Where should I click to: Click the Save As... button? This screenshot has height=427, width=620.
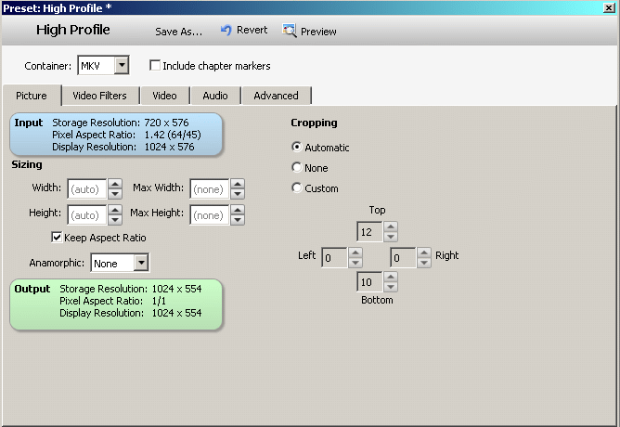tap(178, 31)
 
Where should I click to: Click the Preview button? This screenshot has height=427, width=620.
tap(310, 31)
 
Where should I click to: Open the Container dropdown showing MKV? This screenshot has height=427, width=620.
tap(123, 65)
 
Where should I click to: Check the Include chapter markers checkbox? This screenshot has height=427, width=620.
tap(155, 66)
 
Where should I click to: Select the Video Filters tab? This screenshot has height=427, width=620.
tap(100, 95)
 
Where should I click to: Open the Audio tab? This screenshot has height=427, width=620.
tap(215, 95)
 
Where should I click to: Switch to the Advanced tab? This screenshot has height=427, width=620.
tap(276, 95)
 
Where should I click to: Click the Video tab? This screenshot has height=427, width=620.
tap(164, 95)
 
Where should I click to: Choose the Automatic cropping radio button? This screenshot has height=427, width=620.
tap(297, 147)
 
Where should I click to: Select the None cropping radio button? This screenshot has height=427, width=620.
tap(297, 168)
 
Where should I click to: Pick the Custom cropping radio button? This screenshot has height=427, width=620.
tap(297, 188)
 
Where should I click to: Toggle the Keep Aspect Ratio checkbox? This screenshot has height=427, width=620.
tap(57, 238)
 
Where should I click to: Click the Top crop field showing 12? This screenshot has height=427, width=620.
tap(369, 231)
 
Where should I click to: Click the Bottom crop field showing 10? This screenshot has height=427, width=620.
tap(369, 281)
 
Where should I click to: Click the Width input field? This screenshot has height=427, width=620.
tap(86, 188)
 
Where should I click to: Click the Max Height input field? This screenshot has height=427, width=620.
tap(209, 214)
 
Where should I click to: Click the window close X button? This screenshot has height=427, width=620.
tap(608, 7)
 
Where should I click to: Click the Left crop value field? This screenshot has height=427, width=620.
tap(334, 256)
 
